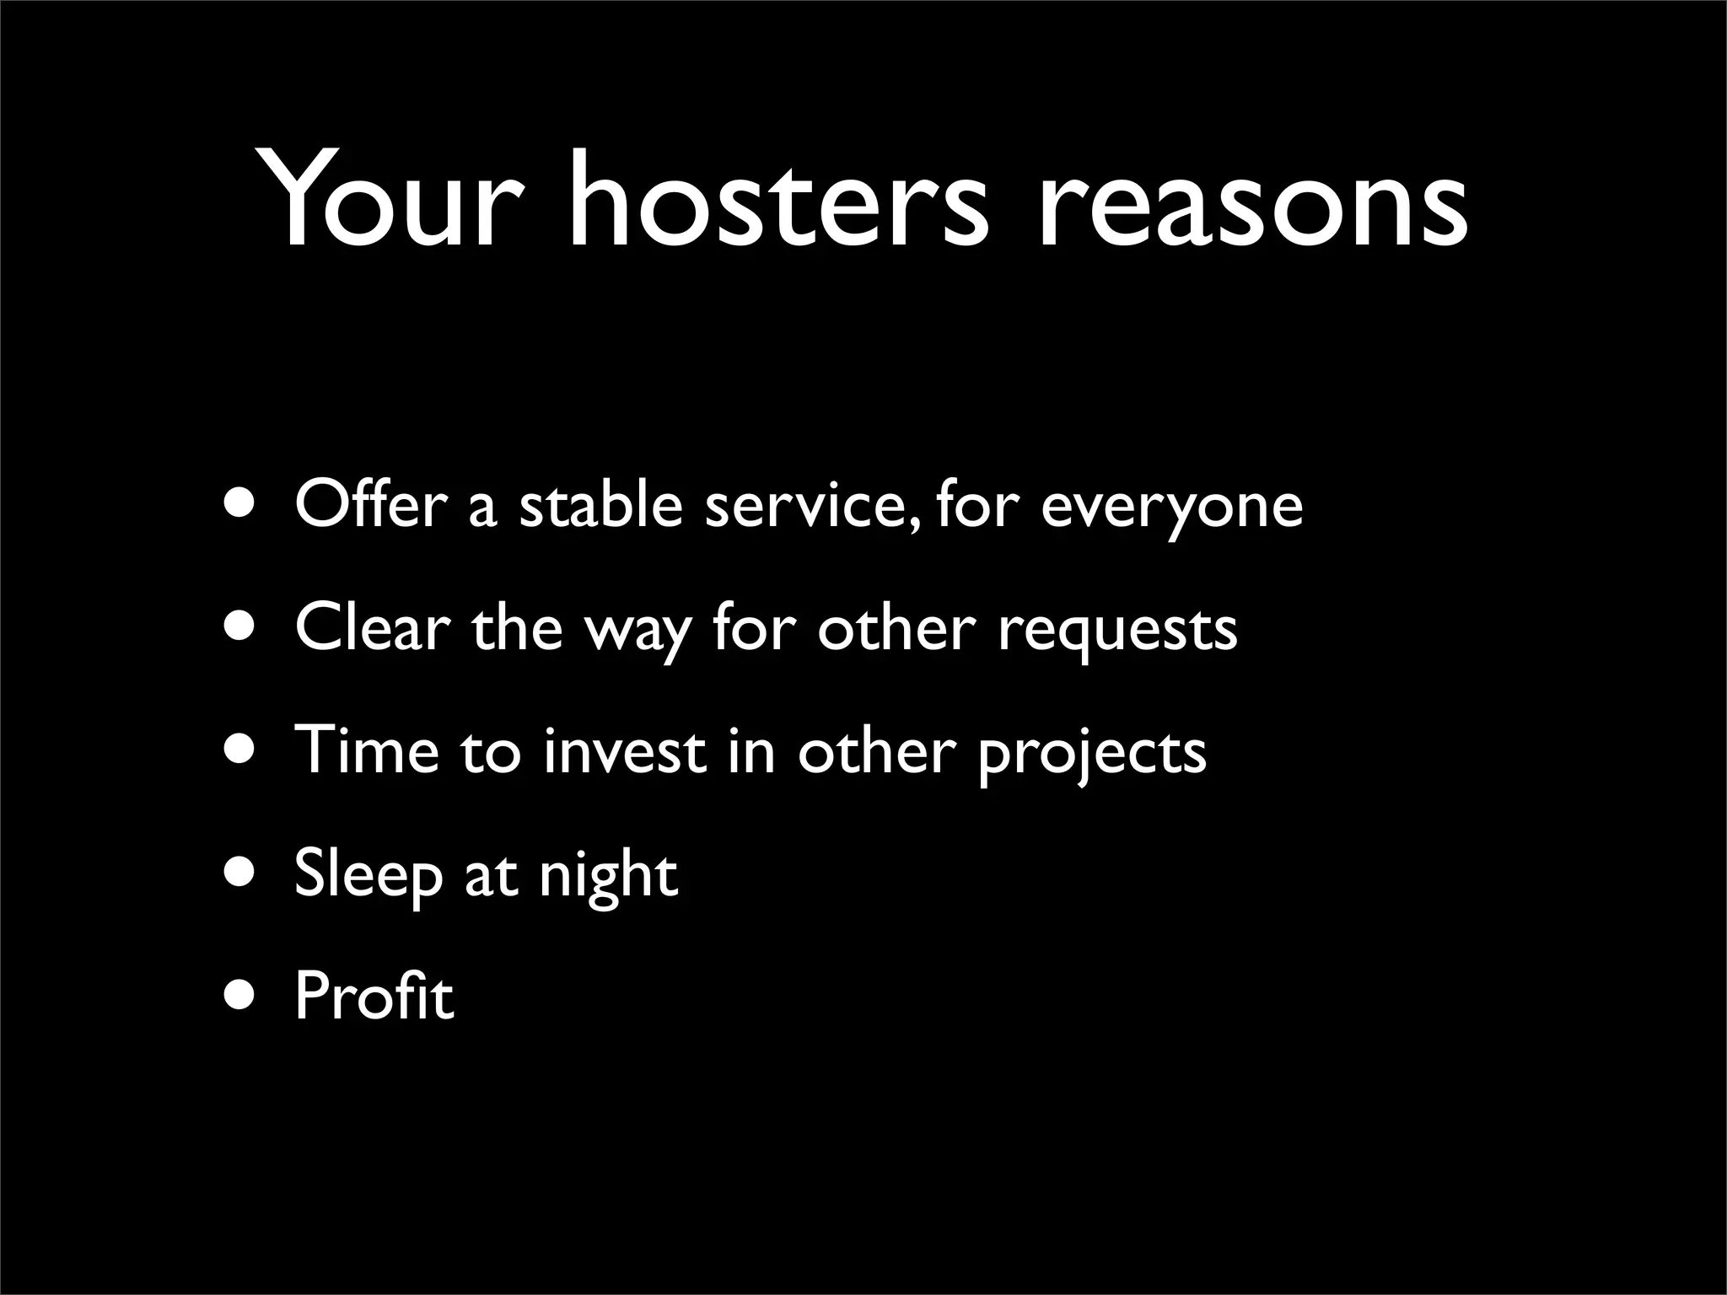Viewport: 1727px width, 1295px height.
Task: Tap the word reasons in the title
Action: coord(1253,202)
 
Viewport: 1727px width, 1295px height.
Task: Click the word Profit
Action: coord(374,996)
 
